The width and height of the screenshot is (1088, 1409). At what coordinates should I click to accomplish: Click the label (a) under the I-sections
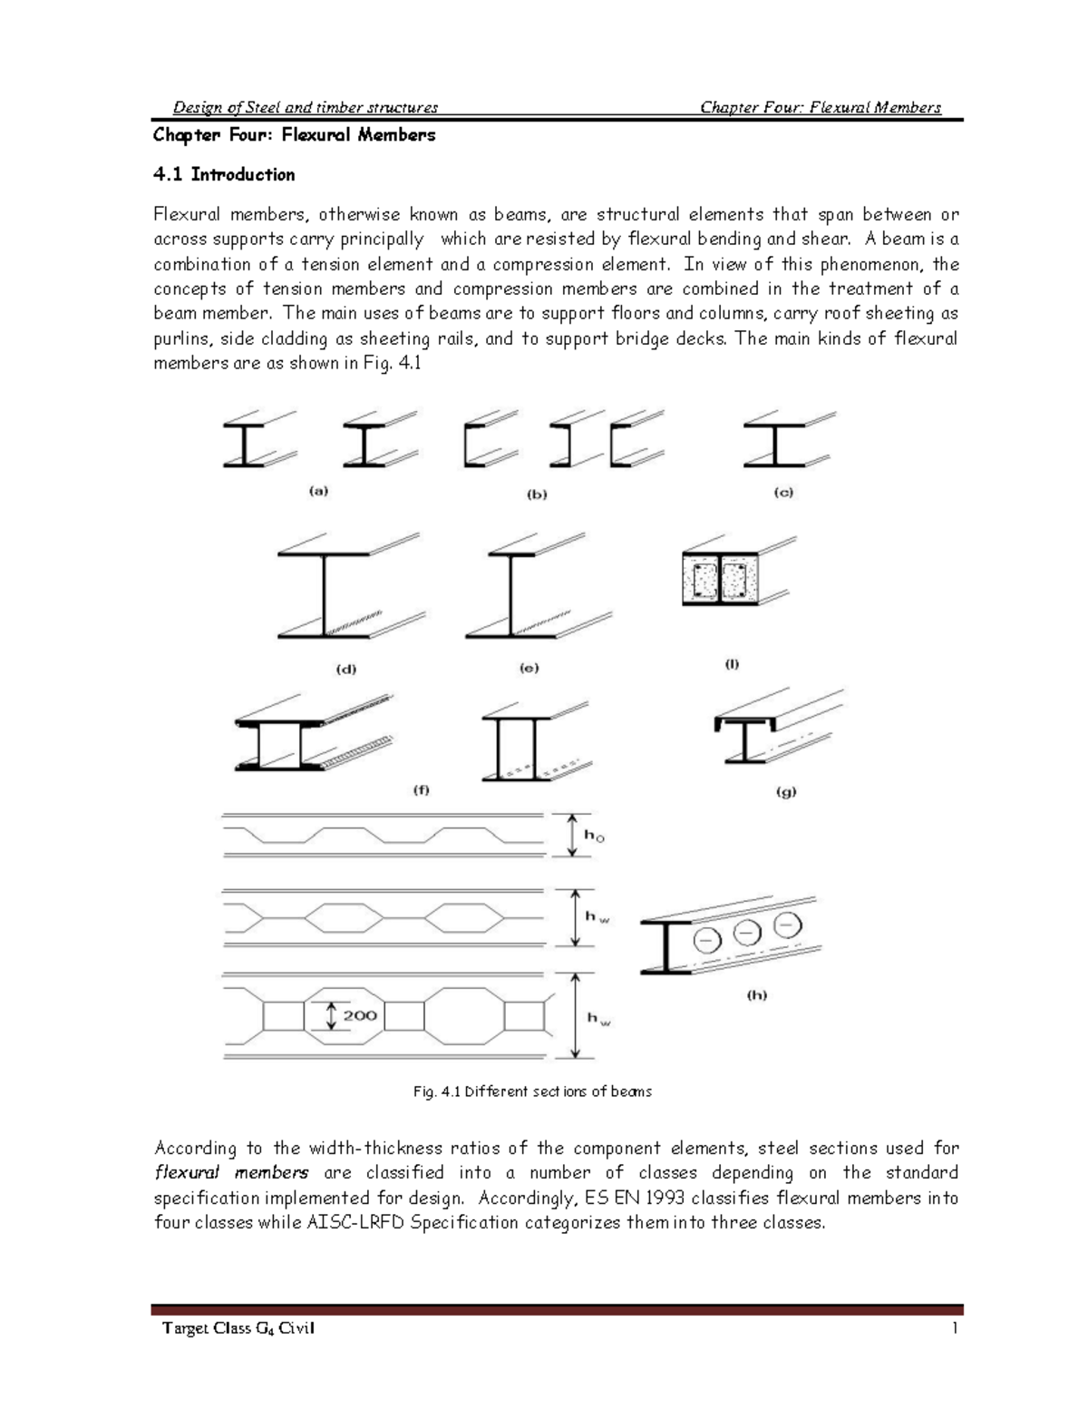[x=318, y=491]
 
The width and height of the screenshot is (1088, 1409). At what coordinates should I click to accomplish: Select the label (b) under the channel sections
[x=538, y=494]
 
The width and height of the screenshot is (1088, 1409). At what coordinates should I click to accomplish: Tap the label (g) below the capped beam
[x=786, y=791]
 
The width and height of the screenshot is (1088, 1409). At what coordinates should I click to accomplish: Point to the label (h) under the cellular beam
[x=757, y=994]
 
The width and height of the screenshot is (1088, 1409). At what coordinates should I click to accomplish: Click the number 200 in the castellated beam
[x=360, y=1015]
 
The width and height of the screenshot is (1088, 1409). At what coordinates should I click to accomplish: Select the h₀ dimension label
[x=594, y=835]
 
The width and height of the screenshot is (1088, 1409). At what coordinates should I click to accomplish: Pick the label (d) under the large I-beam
[x=346, y=669]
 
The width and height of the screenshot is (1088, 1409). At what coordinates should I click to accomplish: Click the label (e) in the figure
[x=529, y=668]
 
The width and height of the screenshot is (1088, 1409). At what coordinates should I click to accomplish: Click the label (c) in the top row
[x=783, y=492]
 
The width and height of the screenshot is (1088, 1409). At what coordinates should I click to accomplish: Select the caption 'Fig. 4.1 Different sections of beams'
[x=532, y=1091]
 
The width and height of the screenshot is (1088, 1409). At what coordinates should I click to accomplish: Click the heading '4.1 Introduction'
[x=224, y=174]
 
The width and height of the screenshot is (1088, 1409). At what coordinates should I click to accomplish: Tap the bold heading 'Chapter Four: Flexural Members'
[x=294, y=135]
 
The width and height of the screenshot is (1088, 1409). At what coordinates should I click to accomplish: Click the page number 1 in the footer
[x=955, y=1329]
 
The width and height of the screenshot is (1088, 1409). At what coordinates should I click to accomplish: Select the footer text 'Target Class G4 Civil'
[x=238, y=1329]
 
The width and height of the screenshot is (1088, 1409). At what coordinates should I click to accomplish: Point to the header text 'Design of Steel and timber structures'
[x=306, y=107]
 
